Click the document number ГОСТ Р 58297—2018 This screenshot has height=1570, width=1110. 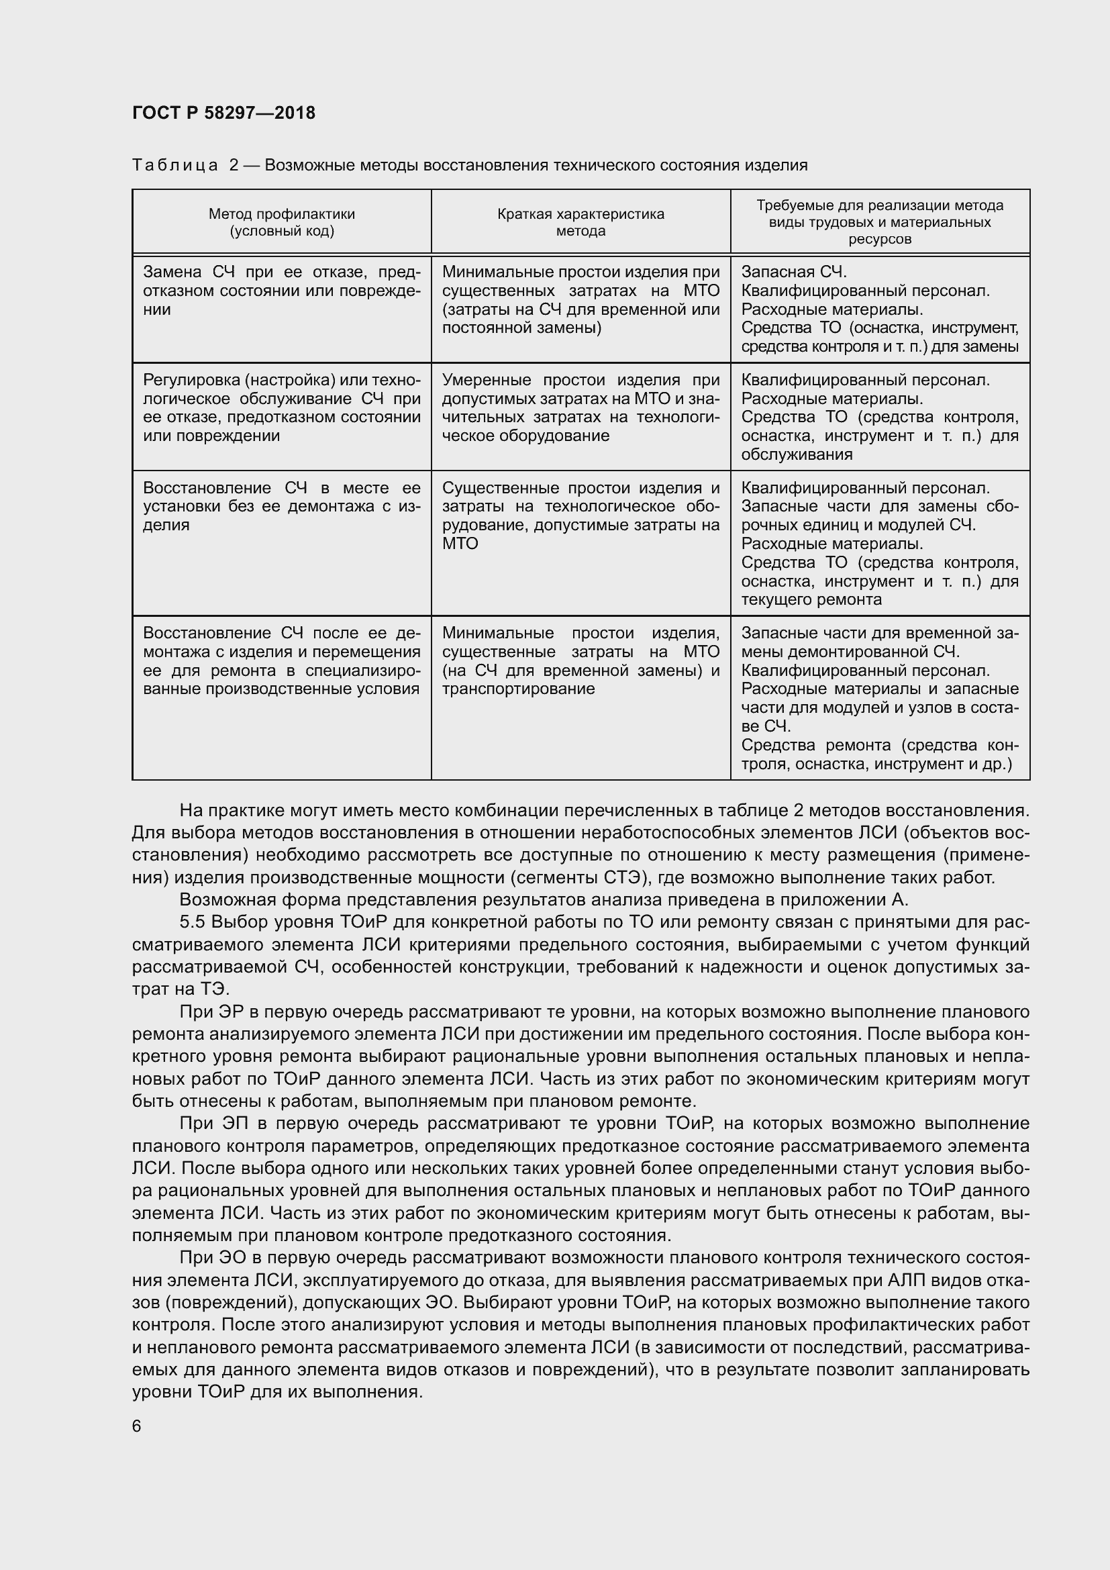click(x=223, y=113)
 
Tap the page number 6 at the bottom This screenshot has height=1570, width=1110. click(x=137, y=1426)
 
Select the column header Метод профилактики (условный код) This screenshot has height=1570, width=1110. click(x=282, y=222)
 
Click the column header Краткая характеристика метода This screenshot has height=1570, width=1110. click(x=581, y=222)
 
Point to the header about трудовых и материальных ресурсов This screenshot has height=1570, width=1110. click(x=880, y=223)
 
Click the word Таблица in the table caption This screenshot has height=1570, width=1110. click(x=175, y=165)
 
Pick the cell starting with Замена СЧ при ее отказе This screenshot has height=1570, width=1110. click(x=281, y=291)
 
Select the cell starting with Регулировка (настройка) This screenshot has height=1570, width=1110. click(x=281, y=407)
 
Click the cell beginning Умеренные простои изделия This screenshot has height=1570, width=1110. click(x=581, y=407)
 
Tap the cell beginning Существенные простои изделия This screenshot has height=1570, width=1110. click(x=581, y=516)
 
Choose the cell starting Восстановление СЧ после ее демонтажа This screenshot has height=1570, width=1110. click(x=281, y=660)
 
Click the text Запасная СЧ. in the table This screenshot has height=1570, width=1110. click(x=793, y=272)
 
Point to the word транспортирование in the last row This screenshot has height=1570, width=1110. click(x=518, y=689)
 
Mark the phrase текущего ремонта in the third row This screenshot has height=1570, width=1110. click(x=811, y=599)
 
